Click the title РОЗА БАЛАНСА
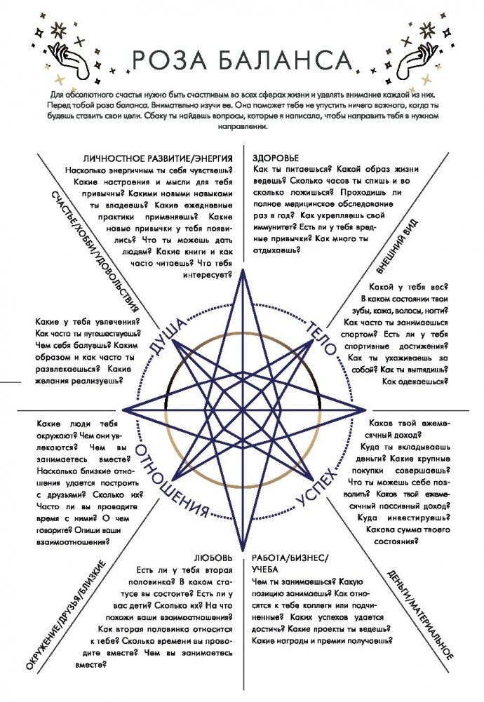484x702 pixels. (x=242, y=59)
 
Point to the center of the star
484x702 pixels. (x=243, y=410)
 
